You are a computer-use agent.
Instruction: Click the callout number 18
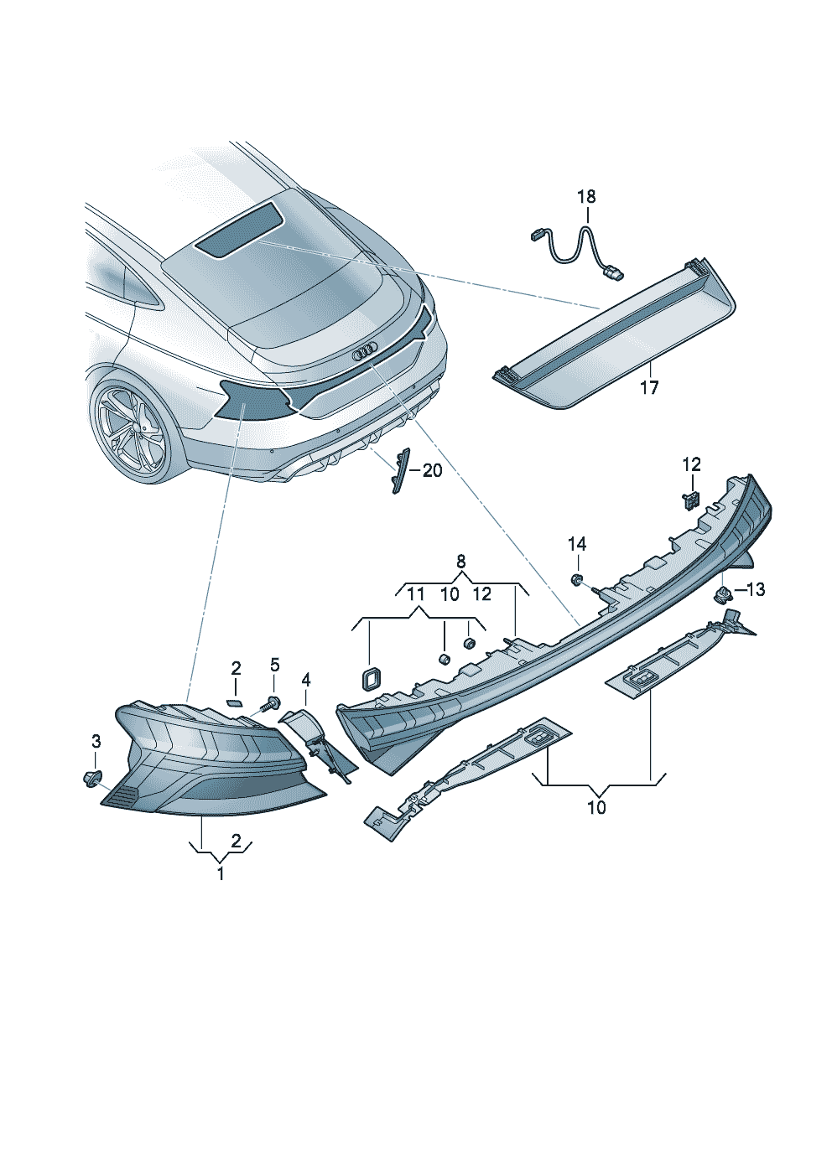point(586,197)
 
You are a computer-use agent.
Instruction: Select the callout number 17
point(649,387)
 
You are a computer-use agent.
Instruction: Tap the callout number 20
point(432,471)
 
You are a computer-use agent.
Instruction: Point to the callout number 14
point(577,545)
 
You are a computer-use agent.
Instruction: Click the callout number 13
point(755,590)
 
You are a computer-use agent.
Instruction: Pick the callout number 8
point(460,561)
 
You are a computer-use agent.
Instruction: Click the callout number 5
point(274,666)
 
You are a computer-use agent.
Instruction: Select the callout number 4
point(306,678)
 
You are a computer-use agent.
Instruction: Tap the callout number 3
point(96,741)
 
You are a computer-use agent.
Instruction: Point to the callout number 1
point(221,873)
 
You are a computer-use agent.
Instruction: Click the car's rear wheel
point(130,427)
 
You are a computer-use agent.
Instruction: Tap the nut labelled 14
point(575,579)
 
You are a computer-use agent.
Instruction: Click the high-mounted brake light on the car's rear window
point(239,229)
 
